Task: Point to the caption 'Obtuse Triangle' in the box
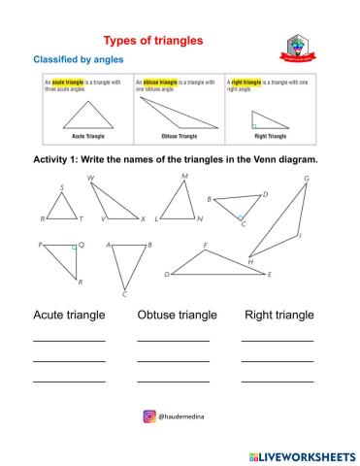tap(177, 136)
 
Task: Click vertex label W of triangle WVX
tap(90, 179)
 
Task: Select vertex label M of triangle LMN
tap(184, 176)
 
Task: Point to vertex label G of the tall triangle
tap(307, 178)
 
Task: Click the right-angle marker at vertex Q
tap(72, 249)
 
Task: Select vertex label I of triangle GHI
tap(302, 234)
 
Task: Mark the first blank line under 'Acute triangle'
tap(69, 341)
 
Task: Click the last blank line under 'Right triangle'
tap(277, 380)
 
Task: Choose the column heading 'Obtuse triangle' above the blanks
tap(177, 316)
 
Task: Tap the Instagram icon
tap(149, 416)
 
